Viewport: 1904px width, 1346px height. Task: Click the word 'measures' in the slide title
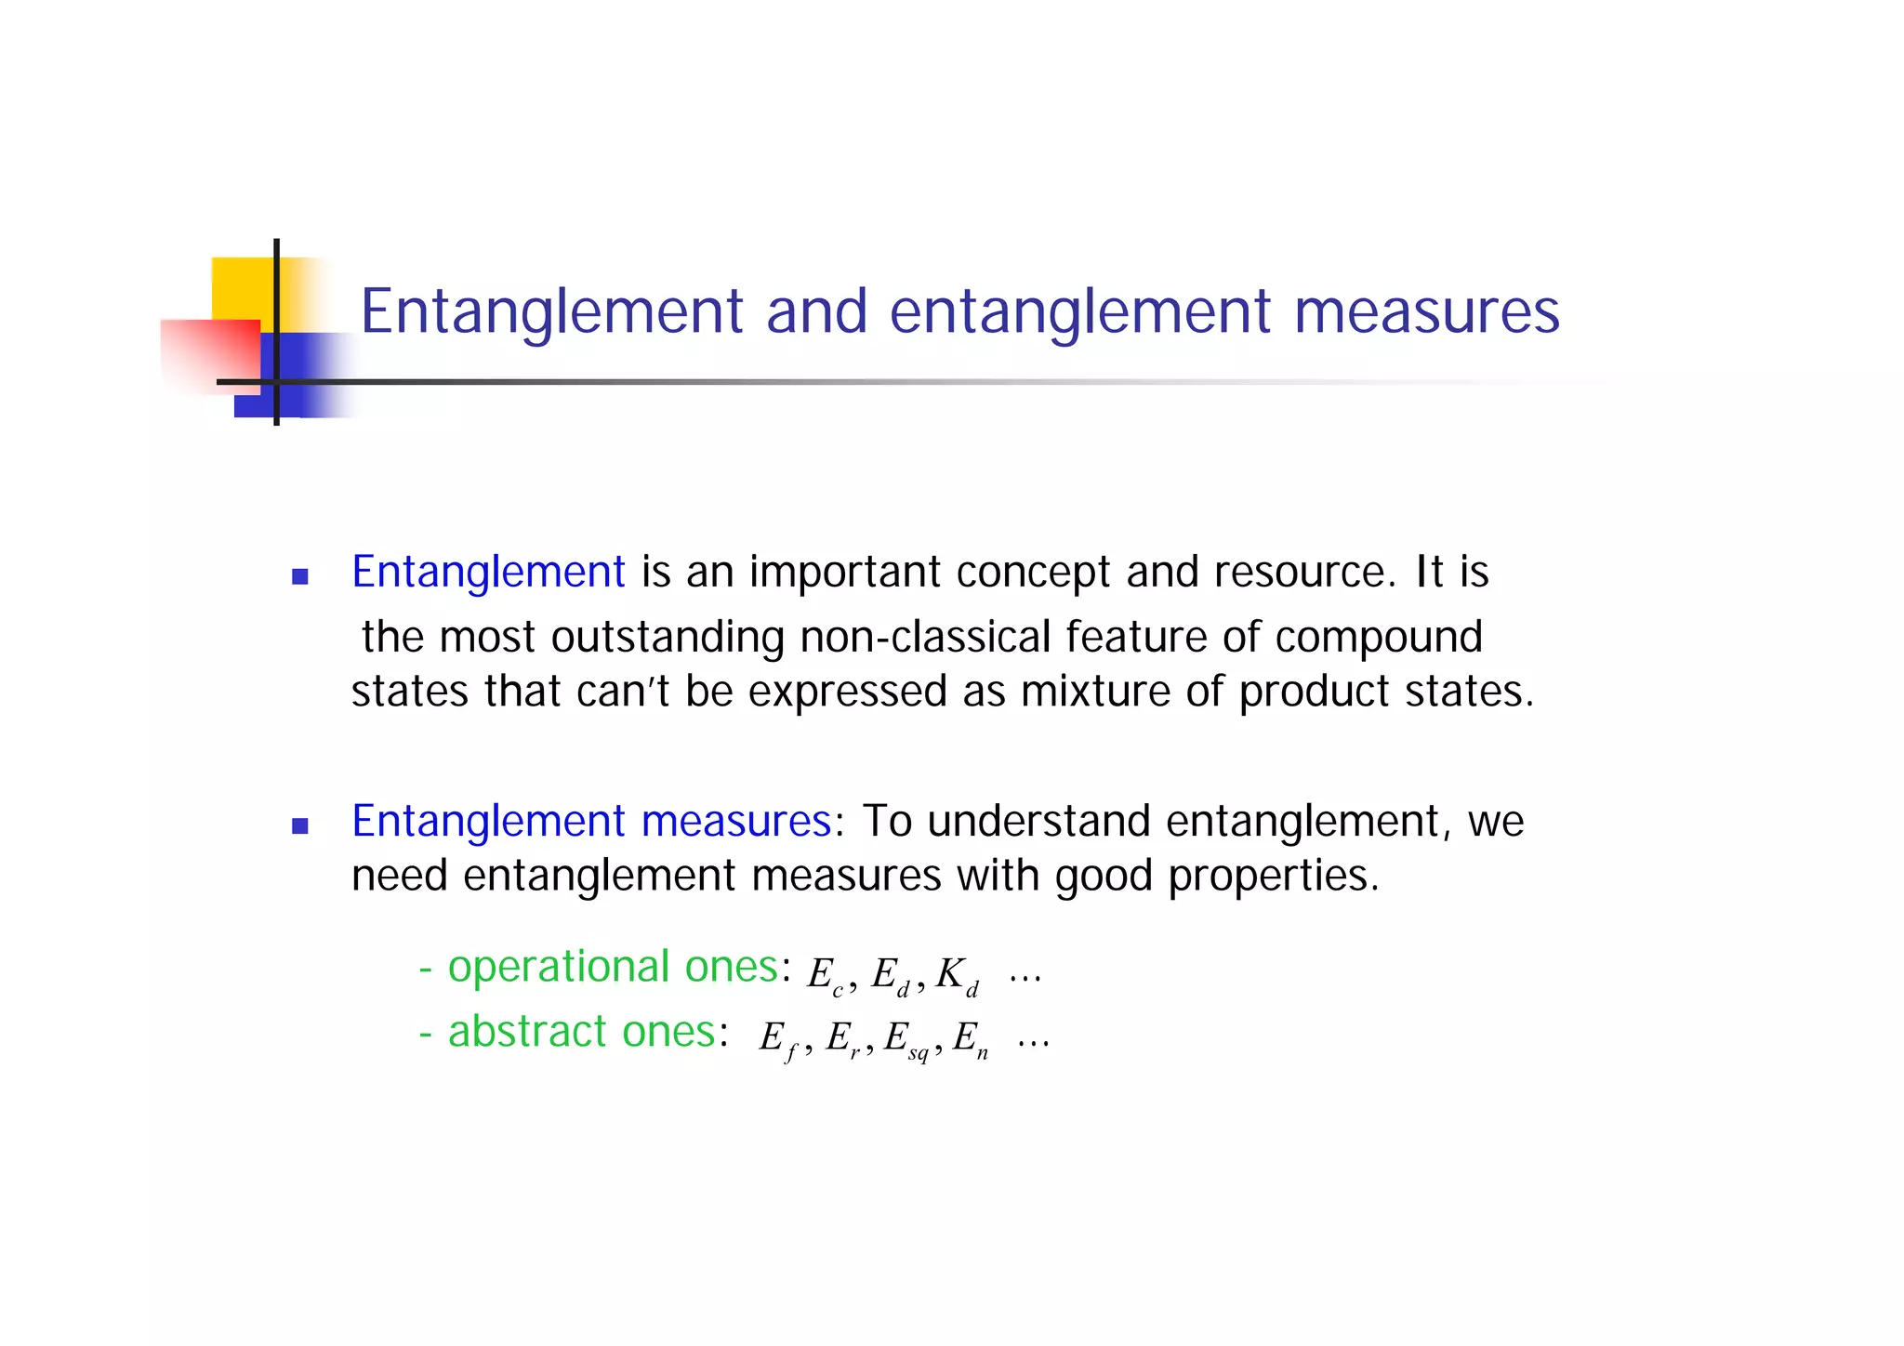[x=1426, y=311]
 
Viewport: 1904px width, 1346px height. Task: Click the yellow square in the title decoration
[x=244, y=288]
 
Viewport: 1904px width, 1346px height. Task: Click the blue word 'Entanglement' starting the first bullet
[x=488, y=572]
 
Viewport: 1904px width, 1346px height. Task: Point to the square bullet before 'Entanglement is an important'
[x=299, y=577]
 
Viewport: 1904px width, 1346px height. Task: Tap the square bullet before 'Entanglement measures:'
[x=299, y=825]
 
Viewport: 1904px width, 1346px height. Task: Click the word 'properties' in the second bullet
[x=1273, y=877]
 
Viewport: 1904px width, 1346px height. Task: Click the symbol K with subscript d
[x=957, y=976]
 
